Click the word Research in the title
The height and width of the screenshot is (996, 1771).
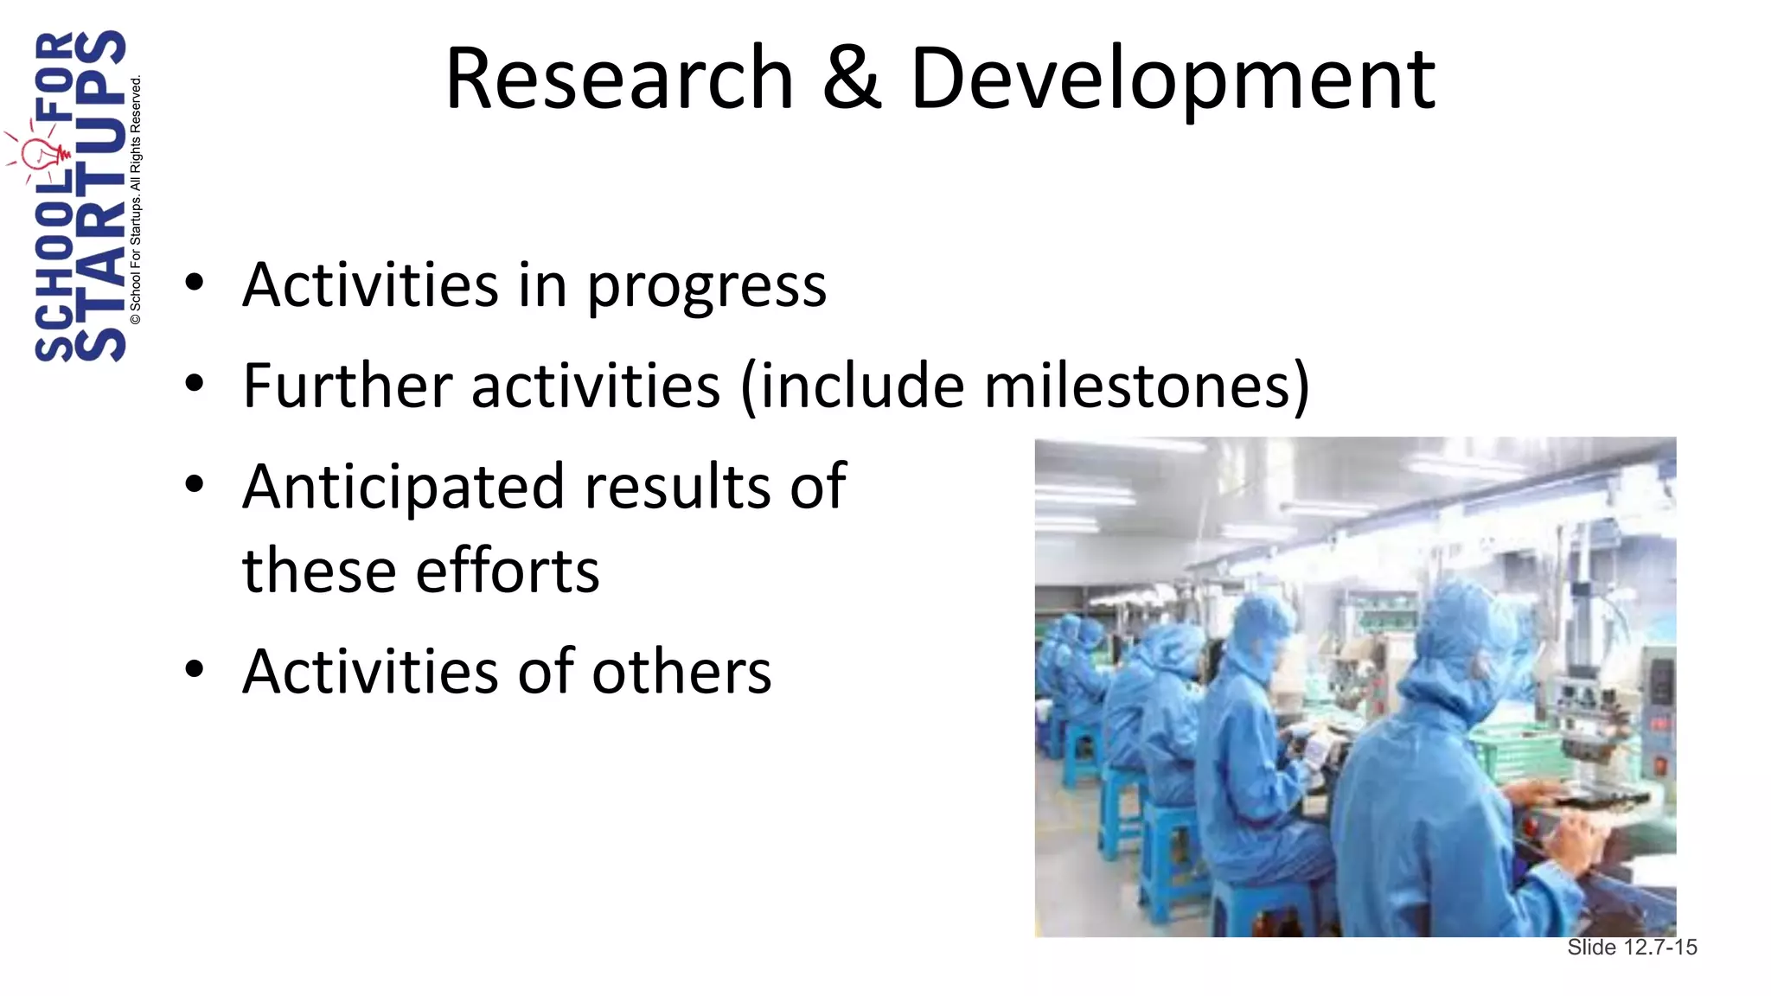[x=619, y=80]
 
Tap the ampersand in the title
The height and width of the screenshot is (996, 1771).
[x=852, y=80]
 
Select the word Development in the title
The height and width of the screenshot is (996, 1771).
[x=1173, y=80]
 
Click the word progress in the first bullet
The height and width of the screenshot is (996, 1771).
[x=706, y=287]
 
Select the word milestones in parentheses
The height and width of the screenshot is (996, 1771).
[x=1137, y=386]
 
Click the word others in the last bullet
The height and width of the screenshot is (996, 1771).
[x=681, y=672]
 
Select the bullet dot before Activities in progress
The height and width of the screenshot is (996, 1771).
[x=195, y=283]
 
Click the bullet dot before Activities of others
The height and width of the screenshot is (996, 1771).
[x=195, y=668]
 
